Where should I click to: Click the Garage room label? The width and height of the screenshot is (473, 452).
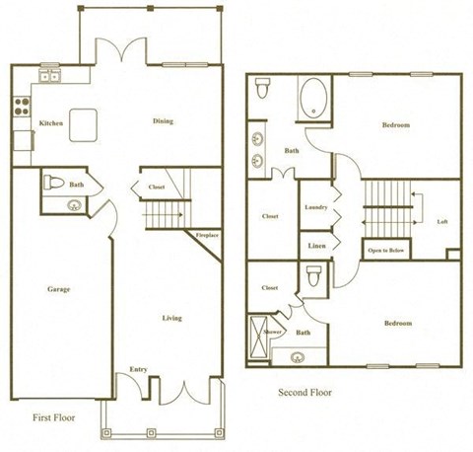[58, 289]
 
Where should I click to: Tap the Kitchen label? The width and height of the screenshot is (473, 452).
[51, 123]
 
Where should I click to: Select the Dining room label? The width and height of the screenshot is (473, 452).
[163, 121]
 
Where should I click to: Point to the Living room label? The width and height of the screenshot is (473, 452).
[171, 318]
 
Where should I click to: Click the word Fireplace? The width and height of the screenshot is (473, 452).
[207, 235]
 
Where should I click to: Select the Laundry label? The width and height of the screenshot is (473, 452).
[316, 206]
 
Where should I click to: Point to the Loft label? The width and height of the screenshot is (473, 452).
[442, 221]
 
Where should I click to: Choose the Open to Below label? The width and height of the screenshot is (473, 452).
[386, 250]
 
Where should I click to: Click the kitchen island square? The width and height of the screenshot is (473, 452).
[84, 123]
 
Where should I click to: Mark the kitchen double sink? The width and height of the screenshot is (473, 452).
[50, 76]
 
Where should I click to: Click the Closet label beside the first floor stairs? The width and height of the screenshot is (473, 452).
[156, 186]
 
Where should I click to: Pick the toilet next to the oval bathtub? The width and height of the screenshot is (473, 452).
[262, 90]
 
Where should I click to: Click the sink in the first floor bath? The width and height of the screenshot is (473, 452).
[72, 205]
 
